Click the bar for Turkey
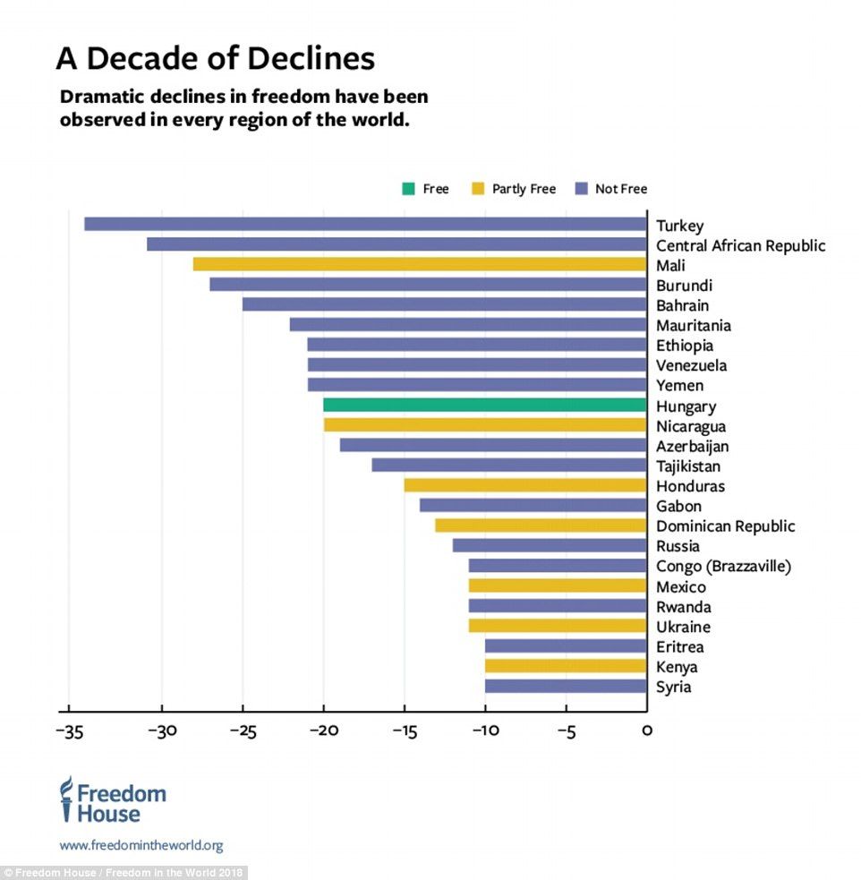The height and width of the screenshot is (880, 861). click(x=365, y=224)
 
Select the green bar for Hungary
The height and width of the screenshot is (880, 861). click(x=484, y=405)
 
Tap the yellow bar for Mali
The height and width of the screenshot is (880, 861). click(x=420, y=264)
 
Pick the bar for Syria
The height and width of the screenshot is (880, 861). click(x=566, y=686)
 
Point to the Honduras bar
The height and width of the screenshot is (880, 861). click(x=524, y=485)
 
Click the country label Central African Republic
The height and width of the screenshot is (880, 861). click(x=740, y=245)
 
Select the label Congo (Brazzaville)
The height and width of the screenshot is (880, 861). click(x=723, y=566)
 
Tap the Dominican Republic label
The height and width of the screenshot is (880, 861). click(x=725, y=526)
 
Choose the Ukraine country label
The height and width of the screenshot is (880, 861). click(x=683, y=627)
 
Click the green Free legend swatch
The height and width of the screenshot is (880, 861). click(x=408, y=189)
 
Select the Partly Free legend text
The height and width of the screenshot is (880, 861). click(x=524, y=189)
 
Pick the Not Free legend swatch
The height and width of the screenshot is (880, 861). click(x=580, y=189)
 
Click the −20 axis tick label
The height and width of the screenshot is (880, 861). click(x=322, y=730)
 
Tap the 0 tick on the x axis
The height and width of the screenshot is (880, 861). click(x=646, y=730)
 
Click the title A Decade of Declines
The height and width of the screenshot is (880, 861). click(x=215, y=58)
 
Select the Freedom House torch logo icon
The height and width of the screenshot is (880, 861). click(x=65, y=799)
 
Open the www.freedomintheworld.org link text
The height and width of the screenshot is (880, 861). click(x=141, y=845)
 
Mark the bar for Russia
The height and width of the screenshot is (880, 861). click(x=550, y=545)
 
